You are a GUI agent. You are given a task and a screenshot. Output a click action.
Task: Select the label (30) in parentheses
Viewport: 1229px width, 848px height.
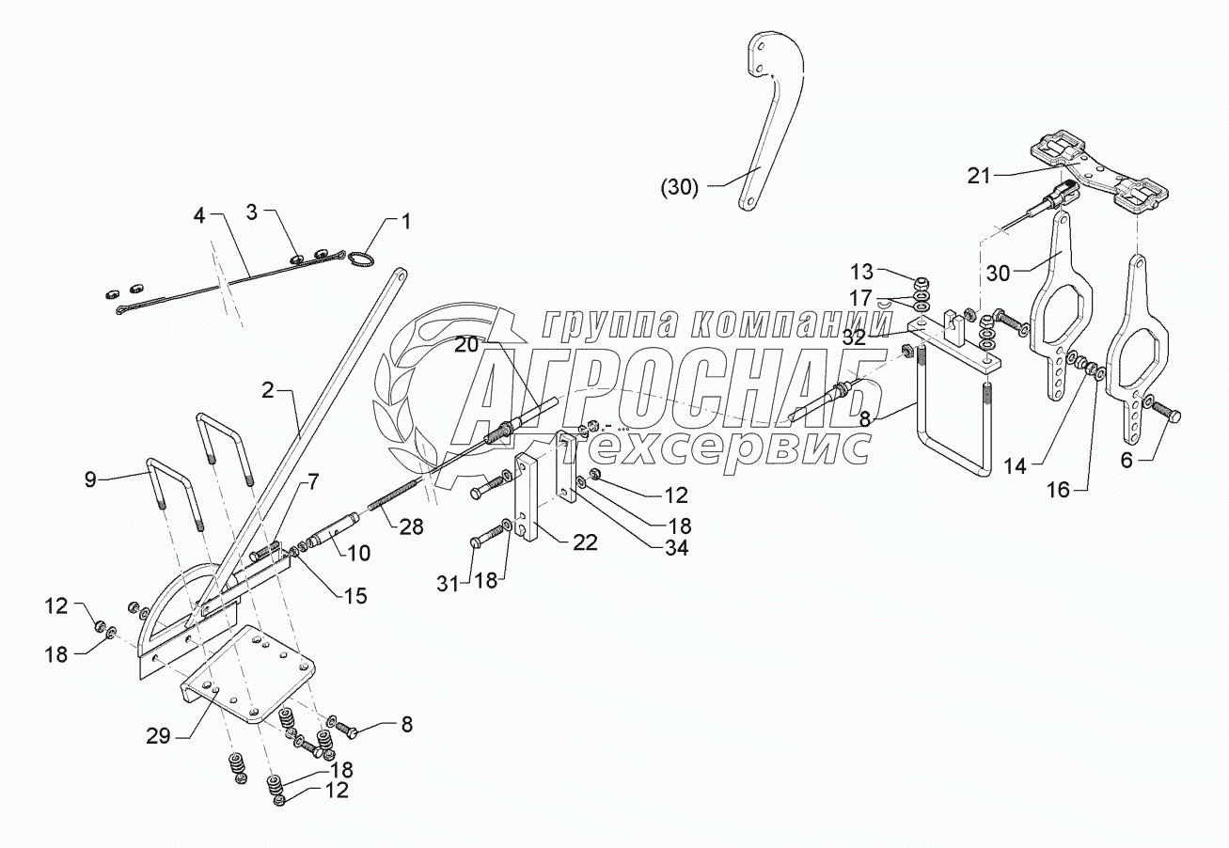[x=678, y=187]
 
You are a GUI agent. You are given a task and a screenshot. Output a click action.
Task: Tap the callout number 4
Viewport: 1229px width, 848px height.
[x=198, y=216]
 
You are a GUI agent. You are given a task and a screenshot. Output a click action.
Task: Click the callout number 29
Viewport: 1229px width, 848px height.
[x=158, y=735]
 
